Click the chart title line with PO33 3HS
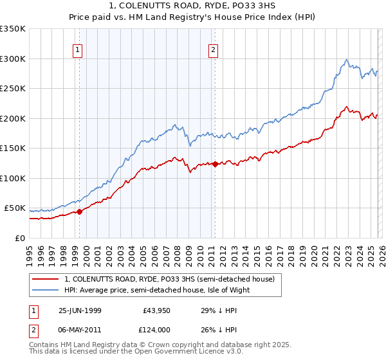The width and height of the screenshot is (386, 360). (192, 6)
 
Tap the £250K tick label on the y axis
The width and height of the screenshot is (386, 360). (13, 88)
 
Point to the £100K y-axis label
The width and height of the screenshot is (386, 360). (13, 178)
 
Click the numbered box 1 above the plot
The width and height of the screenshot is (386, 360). (78, 49)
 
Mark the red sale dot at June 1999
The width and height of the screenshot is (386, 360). (80, 212)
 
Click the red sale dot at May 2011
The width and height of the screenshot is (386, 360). (214, 164)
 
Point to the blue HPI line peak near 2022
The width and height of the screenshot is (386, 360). (347, 60)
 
